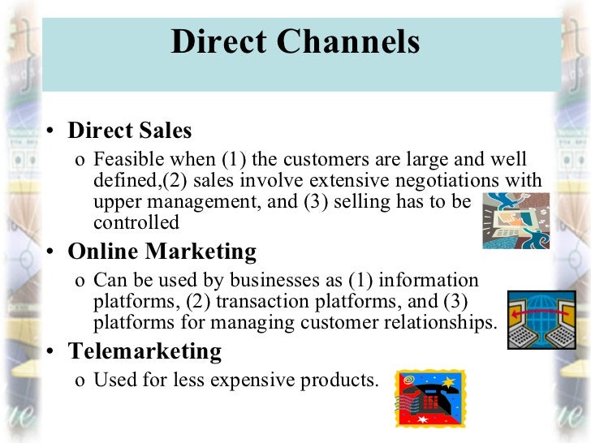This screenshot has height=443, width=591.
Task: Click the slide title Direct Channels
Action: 295,42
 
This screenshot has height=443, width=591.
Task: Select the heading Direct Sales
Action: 129,131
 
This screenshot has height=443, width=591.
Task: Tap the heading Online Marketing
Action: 162,252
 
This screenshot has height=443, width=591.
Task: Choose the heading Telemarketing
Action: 145,351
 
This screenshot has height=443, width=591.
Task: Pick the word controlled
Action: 136,221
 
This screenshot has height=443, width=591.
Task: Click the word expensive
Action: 266,380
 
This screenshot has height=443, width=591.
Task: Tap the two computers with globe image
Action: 539,320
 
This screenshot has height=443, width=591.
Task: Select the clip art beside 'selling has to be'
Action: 516,219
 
